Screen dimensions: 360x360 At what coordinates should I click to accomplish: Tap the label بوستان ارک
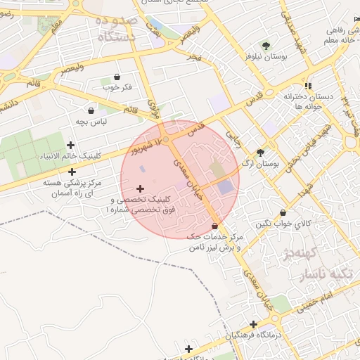point(260,163)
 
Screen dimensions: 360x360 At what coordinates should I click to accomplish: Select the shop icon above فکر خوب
point(116,77)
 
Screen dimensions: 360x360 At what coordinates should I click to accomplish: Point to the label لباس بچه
point(91,122)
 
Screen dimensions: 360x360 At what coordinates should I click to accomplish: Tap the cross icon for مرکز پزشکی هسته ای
point(72,172)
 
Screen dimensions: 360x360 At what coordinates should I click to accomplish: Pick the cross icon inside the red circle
point(140,188)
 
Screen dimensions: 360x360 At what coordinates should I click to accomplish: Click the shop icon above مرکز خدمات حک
point(214,226)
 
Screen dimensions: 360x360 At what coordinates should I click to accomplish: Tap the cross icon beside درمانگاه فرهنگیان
point(252,324)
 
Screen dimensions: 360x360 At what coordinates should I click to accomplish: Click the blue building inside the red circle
point(225,187)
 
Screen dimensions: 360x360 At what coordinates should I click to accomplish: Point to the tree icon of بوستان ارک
point(261,152)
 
